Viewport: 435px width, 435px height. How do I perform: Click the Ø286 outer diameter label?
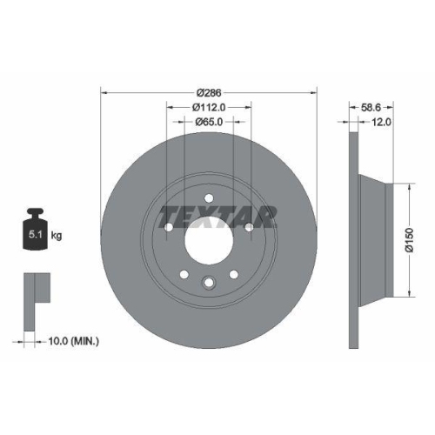pos(210,92)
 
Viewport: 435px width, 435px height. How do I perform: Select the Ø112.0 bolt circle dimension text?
pos(210,107)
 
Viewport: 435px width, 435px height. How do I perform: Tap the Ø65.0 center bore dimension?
pos(210,122)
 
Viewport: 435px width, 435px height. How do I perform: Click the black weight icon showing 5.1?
pos(36,231)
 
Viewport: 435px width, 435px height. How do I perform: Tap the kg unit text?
pos(57,236)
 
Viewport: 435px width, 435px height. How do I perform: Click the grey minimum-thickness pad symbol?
pos(34,288)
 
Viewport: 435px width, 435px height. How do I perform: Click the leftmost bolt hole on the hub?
pos(168,227)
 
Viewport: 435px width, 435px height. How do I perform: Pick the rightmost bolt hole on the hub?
pos(251,227)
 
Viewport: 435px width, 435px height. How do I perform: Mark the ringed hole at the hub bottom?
pos(209,281)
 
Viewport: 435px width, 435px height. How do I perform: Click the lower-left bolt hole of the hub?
pos(184,275)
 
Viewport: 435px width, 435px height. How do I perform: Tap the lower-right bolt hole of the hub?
pos(234,275)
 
